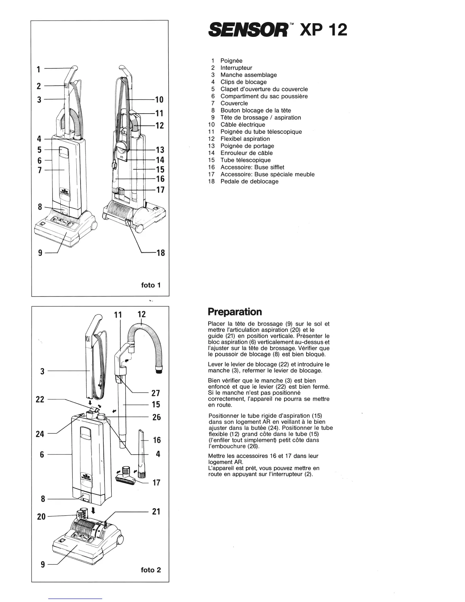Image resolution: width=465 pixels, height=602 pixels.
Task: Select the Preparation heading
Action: click(235, 312)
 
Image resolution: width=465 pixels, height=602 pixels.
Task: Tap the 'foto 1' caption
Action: click(151, 285)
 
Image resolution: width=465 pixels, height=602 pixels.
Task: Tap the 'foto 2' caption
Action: click(151, 570)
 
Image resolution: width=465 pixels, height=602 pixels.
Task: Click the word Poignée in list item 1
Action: click(231, 61)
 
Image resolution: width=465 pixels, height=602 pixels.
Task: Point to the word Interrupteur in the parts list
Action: click(236, 68)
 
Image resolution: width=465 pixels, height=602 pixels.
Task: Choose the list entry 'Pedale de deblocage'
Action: click(249, 181)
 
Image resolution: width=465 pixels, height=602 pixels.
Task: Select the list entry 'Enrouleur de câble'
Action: click(247, 153)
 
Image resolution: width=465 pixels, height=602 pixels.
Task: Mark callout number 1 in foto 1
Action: click(38, 69)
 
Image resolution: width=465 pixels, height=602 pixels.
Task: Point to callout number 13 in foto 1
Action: click(160, 150)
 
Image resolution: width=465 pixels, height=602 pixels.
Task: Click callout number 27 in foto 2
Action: click(156, 393)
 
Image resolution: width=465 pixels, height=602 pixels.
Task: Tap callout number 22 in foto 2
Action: click(40, 399)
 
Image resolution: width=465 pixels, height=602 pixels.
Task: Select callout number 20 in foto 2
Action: click(41, 516)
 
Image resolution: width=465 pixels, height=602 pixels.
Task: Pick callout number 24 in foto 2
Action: click(40, 434)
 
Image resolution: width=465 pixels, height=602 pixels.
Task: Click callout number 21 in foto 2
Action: click(156, 512)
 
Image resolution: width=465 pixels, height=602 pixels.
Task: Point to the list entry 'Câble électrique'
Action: click(243, 125)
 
